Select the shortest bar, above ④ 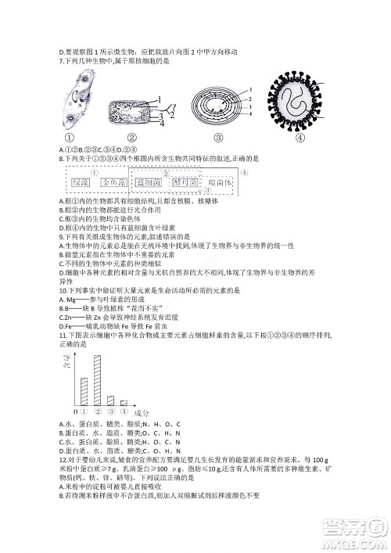coord(124,402)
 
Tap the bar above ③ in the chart coord(110,398)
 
